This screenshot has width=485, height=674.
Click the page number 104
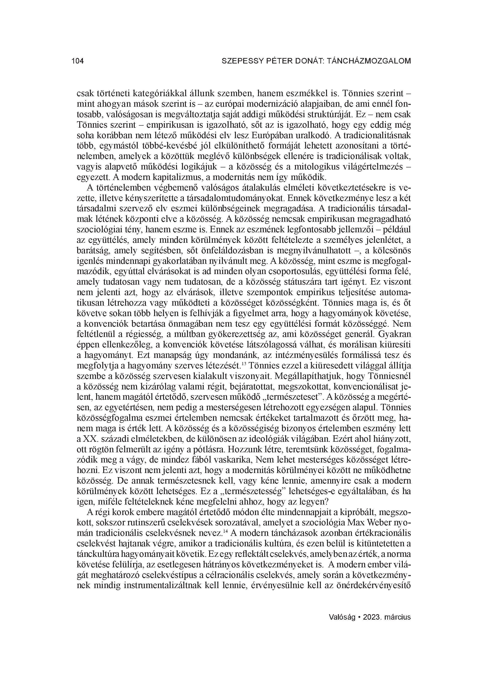[x=78, y=61]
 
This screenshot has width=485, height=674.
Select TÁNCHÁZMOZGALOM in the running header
[x=369, y=61]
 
